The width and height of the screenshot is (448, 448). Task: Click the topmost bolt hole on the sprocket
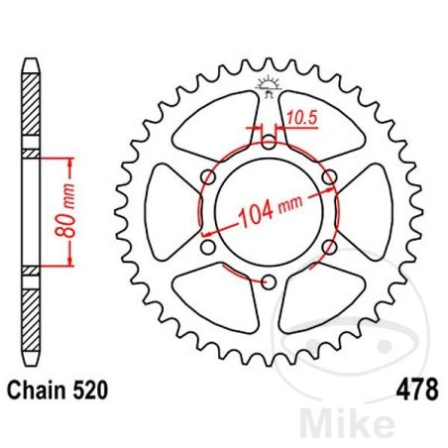click(270, 140)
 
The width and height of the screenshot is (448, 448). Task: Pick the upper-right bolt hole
click(331, 176)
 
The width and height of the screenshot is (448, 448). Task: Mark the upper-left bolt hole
click(208, 176)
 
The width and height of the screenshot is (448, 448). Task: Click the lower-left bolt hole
click(208, 247)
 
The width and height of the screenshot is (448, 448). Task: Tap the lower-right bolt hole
click(331, 247)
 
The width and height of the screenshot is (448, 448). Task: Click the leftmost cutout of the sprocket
click(164, 211)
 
